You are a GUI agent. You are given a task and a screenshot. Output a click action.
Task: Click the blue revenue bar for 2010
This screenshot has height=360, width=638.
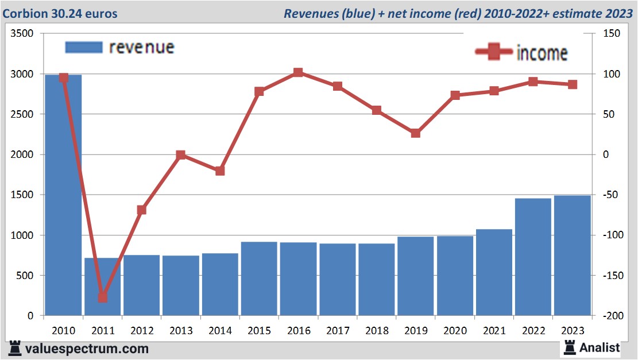63,195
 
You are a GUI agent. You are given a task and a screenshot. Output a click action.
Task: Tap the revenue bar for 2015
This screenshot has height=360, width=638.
259,278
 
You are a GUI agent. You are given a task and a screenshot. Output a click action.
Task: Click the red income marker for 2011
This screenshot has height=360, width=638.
103,297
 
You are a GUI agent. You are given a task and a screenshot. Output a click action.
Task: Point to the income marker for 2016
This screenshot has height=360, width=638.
298,73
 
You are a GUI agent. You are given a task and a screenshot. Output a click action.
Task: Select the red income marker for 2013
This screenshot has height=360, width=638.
181,155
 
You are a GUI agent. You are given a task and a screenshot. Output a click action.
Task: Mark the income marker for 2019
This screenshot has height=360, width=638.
416,133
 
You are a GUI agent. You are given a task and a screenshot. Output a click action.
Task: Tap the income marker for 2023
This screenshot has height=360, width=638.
573,84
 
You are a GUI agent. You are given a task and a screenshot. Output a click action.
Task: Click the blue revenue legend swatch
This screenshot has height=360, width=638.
84,47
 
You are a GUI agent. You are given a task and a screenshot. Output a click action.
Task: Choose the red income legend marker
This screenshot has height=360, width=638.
494,52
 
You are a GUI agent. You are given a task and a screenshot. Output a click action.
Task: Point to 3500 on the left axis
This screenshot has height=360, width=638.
22,34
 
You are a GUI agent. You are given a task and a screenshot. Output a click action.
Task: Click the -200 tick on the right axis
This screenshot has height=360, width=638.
610,316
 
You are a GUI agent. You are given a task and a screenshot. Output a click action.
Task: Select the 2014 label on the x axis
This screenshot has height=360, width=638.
220,331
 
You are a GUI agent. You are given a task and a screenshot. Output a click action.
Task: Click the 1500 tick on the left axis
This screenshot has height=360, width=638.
22,195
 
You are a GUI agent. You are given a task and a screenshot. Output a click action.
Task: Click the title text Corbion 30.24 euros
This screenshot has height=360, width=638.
60,13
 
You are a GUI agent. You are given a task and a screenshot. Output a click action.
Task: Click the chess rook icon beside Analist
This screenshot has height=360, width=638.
570,347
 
